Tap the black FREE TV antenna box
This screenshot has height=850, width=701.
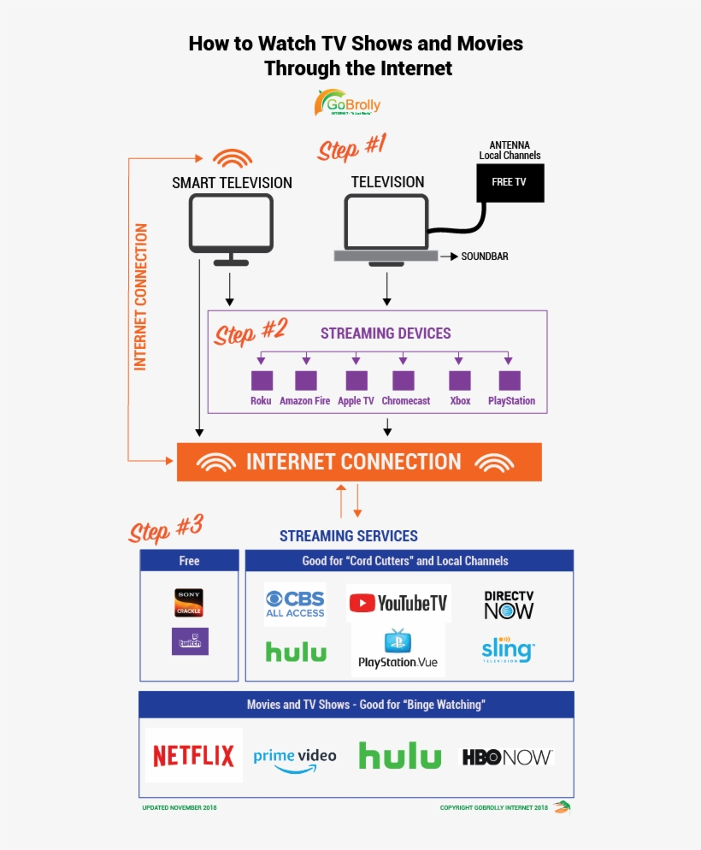[x=510, y=182]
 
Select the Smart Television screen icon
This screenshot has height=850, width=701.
[x=231, y=222]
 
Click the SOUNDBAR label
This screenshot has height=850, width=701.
[x=485, y=256]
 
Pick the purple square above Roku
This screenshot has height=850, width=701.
[x=261, y=381]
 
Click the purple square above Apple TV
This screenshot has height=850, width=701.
[x=356, y=381]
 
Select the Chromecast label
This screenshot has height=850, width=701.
[x=405, y=401]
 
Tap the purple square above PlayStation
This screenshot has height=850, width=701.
[x=510, y=381]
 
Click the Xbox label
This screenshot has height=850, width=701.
[x=460, y=401]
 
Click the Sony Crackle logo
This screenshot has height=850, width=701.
[x=189, y=602]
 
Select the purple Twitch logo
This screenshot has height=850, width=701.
[x=190, y=641]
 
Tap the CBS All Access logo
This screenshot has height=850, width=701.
[x=295, y=604]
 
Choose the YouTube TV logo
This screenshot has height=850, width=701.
[x=398, y=603]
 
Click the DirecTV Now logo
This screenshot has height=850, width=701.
[x=508, y=604]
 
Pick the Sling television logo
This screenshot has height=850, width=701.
[x=508, y=650]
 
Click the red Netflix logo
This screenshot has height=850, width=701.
[x=193, y=755]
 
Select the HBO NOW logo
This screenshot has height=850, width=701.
[x=508, y=757]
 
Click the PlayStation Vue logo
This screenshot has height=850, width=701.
[x=398, y=650]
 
